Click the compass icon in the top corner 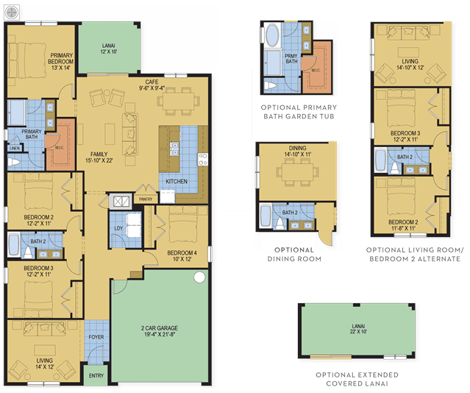click(x=12, y=13)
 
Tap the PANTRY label click(x=146, y=199)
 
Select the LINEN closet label click(x=15, y=148)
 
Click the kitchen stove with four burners click(x=202, y=159)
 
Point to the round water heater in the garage click(x=199, y=277)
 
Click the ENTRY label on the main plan click(x=96, y=375)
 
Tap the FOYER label click(x=96, y=337)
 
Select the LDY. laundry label click(x=118, y=228)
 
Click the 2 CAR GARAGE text click(x=160, y=328)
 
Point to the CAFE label click(x=152, y=82)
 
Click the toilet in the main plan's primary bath click(x=14, y=163)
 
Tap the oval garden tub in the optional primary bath click(x=272, y=35)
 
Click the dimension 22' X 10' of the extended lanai click(x=358, y=332)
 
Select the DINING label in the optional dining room click(x=297, y=148)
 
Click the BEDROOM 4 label click(x=182, y=253)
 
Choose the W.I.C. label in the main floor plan click(x=59, y=148)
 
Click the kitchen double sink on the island click(x=174, y=149)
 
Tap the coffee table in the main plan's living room click(x=45, y=350)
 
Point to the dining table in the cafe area click(x=178, y=101)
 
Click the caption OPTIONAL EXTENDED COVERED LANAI click(x=357, y=379)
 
